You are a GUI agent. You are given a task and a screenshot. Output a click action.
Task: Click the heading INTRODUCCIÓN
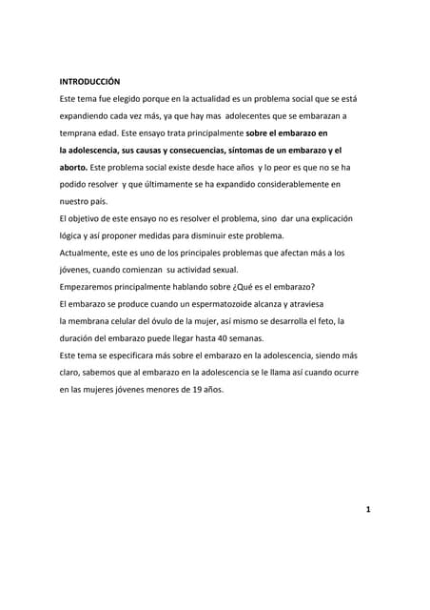point(89,81)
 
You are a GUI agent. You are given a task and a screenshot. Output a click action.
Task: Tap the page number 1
point(367,510)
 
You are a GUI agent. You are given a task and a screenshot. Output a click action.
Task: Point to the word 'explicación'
point(328,218)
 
